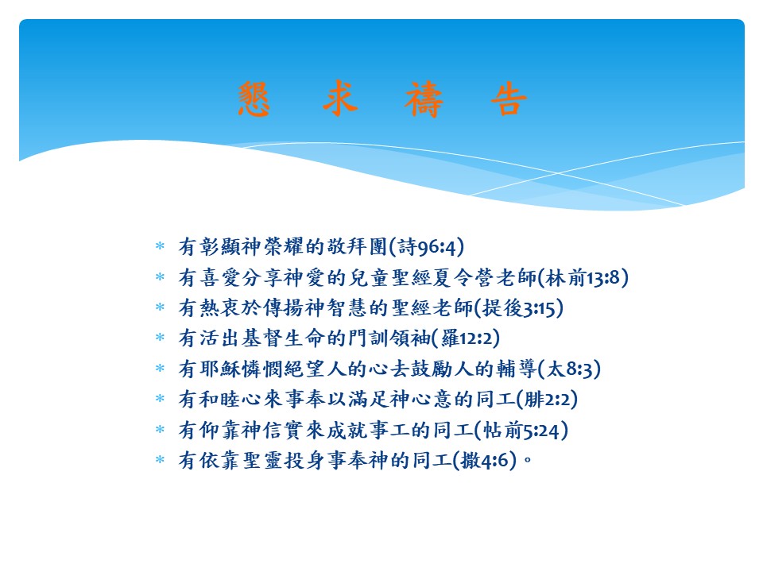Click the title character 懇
point(257,101)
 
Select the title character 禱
point(425,101)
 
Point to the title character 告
point(509,101)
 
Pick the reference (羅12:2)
point(465,338)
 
